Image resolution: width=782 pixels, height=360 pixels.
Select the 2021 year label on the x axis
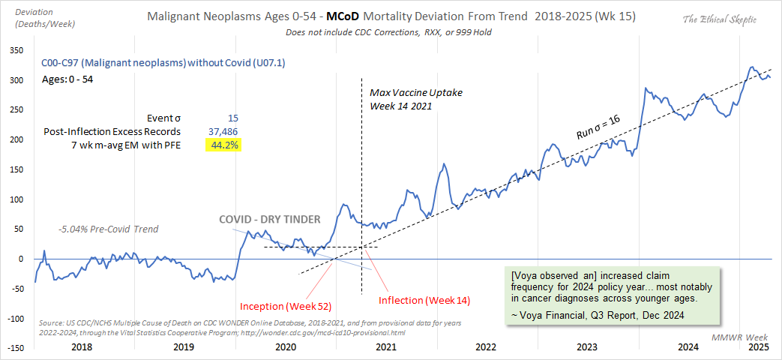click(386, 347)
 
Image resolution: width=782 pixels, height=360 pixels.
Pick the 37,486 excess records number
click(223, 131)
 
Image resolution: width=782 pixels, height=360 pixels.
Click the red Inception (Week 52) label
click(286, 306)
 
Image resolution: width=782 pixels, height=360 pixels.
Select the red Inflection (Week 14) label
click(424, 301)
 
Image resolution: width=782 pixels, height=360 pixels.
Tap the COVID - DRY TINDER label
click(269, 220)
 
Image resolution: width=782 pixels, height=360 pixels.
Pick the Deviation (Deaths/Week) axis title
click(34, 19)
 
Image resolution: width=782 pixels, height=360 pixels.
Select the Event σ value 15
click(233, 118)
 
